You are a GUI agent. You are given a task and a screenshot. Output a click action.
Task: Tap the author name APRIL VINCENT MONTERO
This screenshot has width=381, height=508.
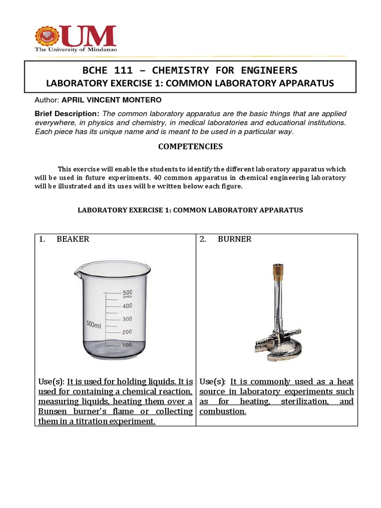tap(112, 100)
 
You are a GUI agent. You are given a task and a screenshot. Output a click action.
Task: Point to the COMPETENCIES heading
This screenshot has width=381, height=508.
tap(190, 146)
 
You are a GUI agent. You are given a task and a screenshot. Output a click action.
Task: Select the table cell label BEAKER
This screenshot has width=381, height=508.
tap(73, 239)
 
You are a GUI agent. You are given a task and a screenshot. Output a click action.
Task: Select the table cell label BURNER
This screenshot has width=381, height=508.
tap(234, 239)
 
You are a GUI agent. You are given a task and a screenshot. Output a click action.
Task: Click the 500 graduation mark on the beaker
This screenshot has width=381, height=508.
tap(127, 293)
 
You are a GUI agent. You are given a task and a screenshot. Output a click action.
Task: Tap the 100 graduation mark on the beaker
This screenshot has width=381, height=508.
tap(127, 345)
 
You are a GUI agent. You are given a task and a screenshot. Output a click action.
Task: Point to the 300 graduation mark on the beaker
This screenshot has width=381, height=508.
tap(127, 319)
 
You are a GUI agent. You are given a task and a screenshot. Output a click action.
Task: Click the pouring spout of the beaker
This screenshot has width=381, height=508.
tap(77, 271)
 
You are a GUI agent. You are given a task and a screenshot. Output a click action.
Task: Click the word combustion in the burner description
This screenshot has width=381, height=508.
tap(222, 411)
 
